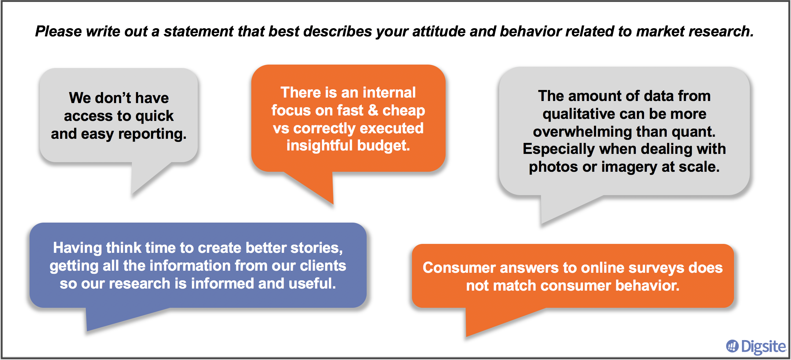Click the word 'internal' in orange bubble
tap(389, 93)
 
